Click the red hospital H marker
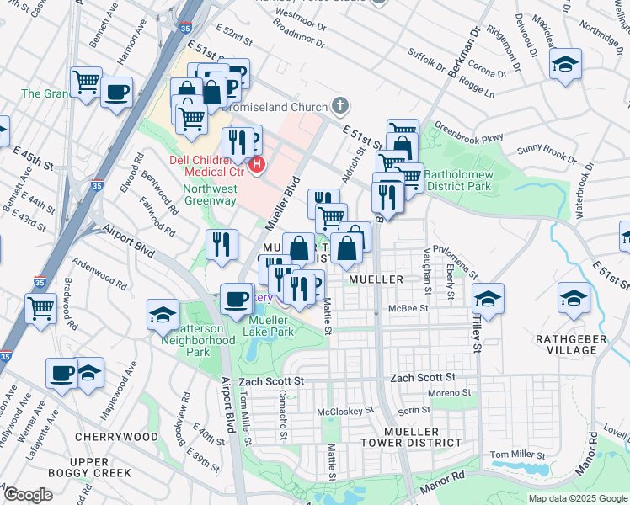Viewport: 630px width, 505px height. (258, 163)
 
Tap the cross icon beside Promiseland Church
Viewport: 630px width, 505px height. (340, 106)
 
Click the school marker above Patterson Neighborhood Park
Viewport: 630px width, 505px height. (163, 316)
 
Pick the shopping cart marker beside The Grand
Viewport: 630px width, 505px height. (86, 82)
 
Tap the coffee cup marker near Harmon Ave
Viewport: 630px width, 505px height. (117, 92)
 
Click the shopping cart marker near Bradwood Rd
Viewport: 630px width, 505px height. (41, 308)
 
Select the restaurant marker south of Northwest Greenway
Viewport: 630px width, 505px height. (221, 244)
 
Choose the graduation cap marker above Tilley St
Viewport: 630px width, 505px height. (488, 299)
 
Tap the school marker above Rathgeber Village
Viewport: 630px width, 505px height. (574, 299)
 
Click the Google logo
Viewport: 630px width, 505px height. (28, 495)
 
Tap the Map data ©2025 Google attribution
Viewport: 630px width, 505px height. (577, 498)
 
